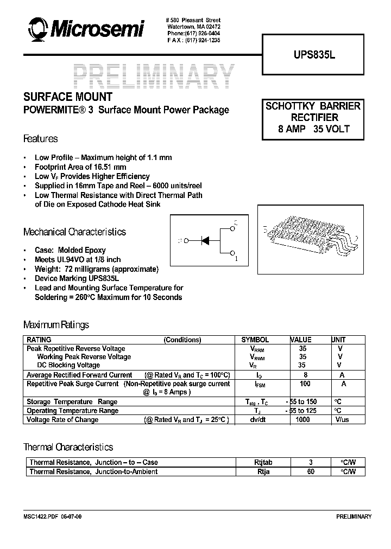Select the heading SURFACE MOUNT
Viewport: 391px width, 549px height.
point(67,97)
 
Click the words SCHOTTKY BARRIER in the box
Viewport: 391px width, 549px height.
point(313,106)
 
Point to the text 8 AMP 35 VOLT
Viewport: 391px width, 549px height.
point(313,129)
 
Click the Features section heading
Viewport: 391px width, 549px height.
point(40,139)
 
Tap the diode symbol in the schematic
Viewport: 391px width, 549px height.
point(206,240)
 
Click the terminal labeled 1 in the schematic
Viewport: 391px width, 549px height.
point(233,253)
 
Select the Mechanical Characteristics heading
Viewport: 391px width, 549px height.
point(74,232)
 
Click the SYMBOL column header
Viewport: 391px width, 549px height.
point(255,340)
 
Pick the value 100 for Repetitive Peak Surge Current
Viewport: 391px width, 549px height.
point(305,384)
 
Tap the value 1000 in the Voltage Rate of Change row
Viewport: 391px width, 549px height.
point(303,419)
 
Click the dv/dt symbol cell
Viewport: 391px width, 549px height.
point(257,419)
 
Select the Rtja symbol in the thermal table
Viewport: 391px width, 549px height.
point(263,471)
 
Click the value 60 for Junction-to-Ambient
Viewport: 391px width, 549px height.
point(311,471)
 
